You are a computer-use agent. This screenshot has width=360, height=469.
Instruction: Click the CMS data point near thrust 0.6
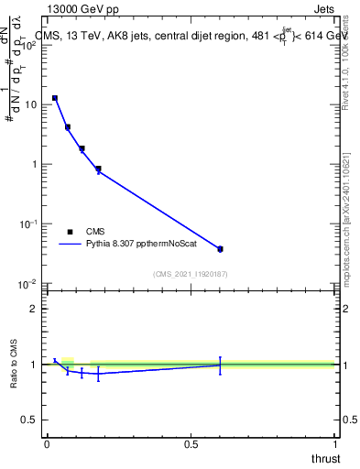[x=220, y=248]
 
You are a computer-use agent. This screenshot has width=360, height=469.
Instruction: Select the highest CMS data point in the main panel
[x=55, y=97]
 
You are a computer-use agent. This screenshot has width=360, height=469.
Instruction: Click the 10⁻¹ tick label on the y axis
[x=27, y=224]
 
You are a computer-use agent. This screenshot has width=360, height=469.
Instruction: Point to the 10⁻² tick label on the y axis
[x=27, y=283]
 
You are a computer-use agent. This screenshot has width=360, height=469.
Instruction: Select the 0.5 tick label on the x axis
[x=191, y=444]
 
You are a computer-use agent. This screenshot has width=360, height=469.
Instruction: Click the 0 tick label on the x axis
[x=47, y=444]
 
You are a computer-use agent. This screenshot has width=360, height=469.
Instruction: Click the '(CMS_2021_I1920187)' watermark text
[x=191, y=273]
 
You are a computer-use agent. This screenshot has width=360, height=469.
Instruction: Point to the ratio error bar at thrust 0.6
[x=220, y=365]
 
